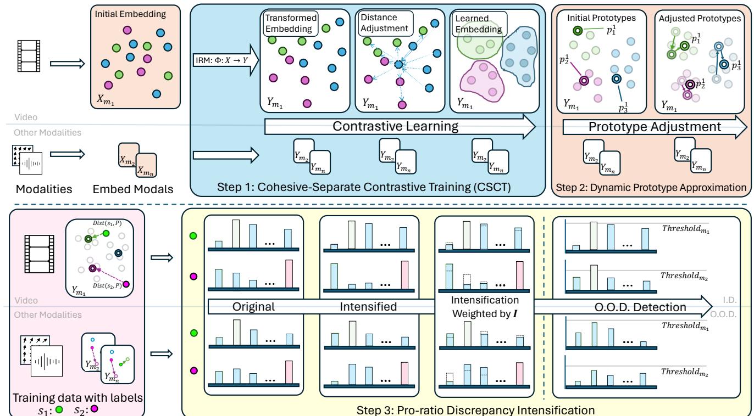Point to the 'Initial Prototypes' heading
tap(594, 17)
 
